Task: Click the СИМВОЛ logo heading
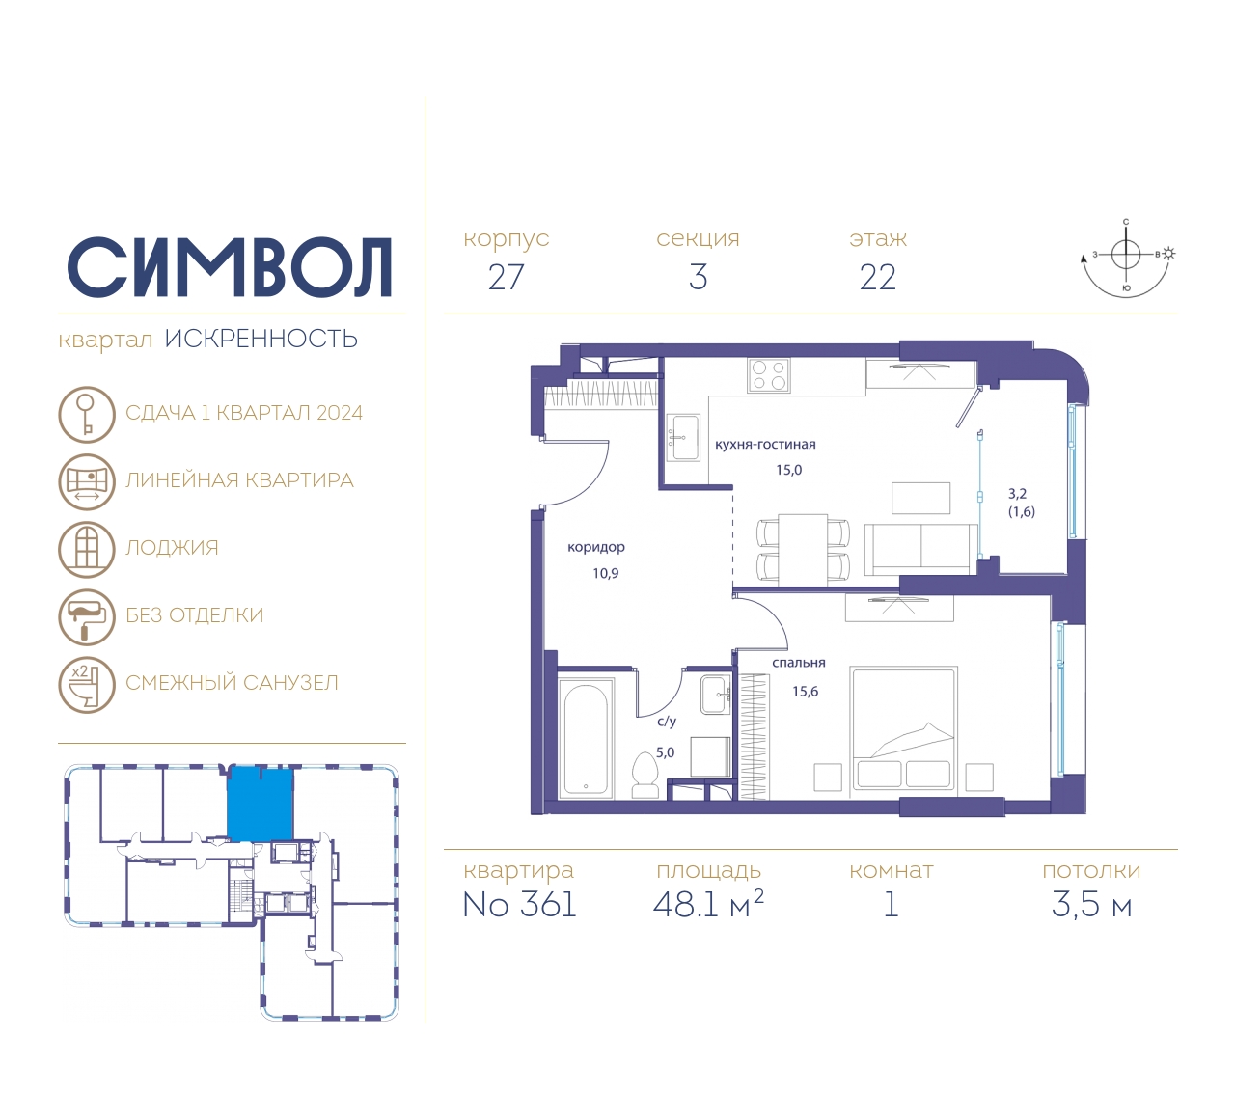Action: pyautogui.click(x=229, y=267)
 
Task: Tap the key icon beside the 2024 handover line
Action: pyautogui.click(x=87, y=414)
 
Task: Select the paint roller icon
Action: pyautogui.click(x=87, y=616)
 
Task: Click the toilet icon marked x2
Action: pyautogui.click(x=87, y=685)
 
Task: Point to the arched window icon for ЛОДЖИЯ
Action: pyautogui.click(x=87, y=549)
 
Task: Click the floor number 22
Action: pyautogui.click(x=877, y=277)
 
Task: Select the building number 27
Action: pyautogui.click(x=506, y=277)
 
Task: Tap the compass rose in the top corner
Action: pyautogui.click(x=1127, y=259)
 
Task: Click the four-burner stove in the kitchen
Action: pyautogui.click(x=769, y=375)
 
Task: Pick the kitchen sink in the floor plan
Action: pyautogui.click(x=683, y=438)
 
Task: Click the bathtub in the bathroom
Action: pyautogui.click(x=586, y=737)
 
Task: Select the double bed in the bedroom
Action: pyautogui.click(x=904, y=728)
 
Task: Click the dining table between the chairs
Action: pyautogui.click(x=803, y=550)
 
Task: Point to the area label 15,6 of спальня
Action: pyautogui.click(x=806, y=692)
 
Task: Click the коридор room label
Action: pyautogui.click(x=596, y=547)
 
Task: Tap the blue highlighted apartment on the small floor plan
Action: pyautogui.click(x=260, y=804)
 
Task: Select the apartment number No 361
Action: pyautogui.click(x=520, y=905)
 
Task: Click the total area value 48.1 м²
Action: pyautogui.click(x=708, y=904)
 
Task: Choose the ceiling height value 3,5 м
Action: pyautogui.click(x=1091, y=905)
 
